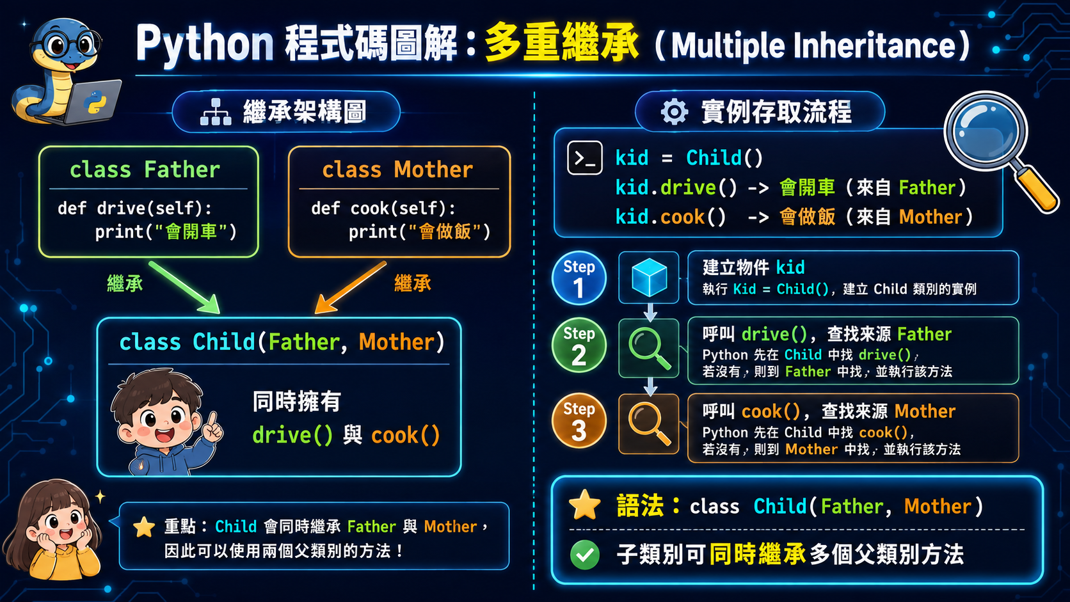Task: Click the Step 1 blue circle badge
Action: coord(579,278)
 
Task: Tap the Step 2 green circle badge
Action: coord(579,345)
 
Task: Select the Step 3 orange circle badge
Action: coord(579,420)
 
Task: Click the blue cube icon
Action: coord(649,278)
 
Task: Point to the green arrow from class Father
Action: coord(184,287)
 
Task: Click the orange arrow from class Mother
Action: coord(350,287)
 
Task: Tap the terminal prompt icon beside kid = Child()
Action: coord(585,157)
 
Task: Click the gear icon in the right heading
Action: coord(674,112)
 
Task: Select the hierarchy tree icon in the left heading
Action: coord(216,112)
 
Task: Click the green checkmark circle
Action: coord(585,555)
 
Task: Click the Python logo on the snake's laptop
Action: coord(95,102)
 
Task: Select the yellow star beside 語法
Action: coord(584,505)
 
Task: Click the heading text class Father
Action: coord(145,170)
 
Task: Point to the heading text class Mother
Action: coord(397,170)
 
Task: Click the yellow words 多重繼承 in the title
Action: coord(561,43)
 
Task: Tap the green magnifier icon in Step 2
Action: coord(649,349)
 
